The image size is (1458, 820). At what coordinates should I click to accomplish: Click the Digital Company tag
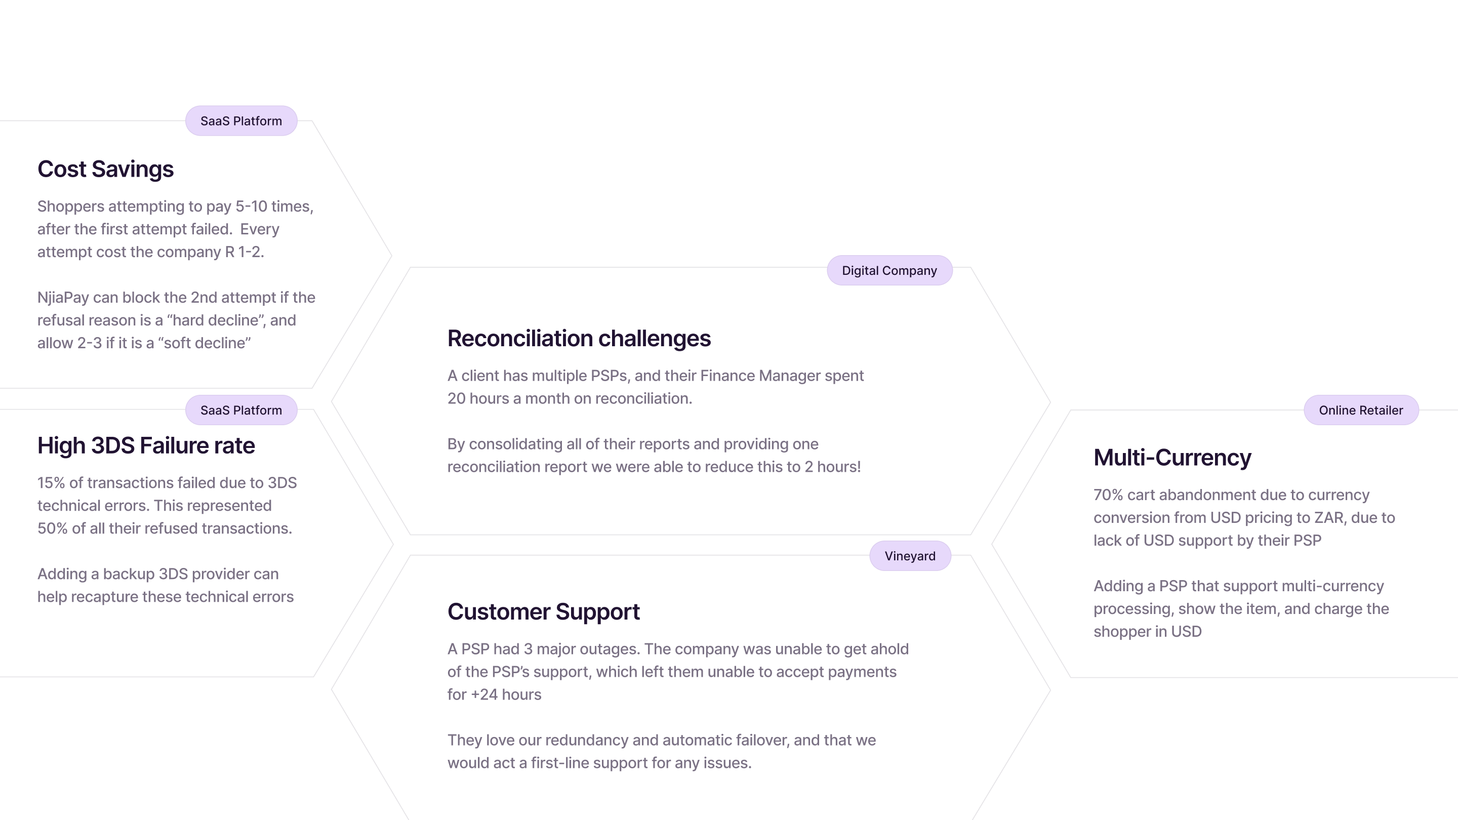pos(889,270)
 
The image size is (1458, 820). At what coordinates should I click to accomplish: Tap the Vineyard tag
pos(910,556)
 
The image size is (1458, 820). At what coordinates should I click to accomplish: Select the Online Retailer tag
pos(1361,411)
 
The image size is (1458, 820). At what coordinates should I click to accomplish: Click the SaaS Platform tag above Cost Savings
pos(241,121)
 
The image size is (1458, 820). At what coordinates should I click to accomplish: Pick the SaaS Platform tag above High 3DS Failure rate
pos(241,411)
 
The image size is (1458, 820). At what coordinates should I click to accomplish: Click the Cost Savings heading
pos(105,169)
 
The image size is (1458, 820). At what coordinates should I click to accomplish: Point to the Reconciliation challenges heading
pos(579,339)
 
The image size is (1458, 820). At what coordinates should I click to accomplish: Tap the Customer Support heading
pos(543,612)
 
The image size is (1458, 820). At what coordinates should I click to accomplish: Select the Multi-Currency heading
pos(1171,457)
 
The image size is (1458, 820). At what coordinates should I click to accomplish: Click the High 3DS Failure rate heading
pos(146,446)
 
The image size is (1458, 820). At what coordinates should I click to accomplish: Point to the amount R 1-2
pos(244,252)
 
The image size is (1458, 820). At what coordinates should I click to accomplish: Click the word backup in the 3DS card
pos(129,574)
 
